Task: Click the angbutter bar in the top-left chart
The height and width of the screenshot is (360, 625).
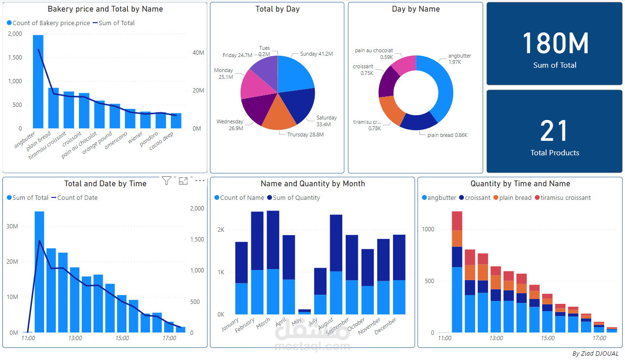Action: click(x=38, y=82)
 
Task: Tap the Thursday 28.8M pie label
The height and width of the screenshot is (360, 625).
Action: click(x=305, y=135)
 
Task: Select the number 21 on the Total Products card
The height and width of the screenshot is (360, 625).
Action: click(x=554, y=131)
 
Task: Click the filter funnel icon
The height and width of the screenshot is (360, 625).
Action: click(x=167, y=180)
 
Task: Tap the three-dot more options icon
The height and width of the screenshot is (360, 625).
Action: click(x=200, y=180)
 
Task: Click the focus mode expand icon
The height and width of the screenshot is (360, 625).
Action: click(x=183, y=180)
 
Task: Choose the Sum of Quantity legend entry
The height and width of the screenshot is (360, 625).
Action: click(x=296, y=197)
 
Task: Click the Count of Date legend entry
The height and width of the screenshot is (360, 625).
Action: click(x=77, y=197)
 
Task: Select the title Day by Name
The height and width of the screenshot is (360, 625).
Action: click(x=415, y=9)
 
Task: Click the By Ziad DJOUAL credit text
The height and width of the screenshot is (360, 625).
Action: click(x=595, y=354)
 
